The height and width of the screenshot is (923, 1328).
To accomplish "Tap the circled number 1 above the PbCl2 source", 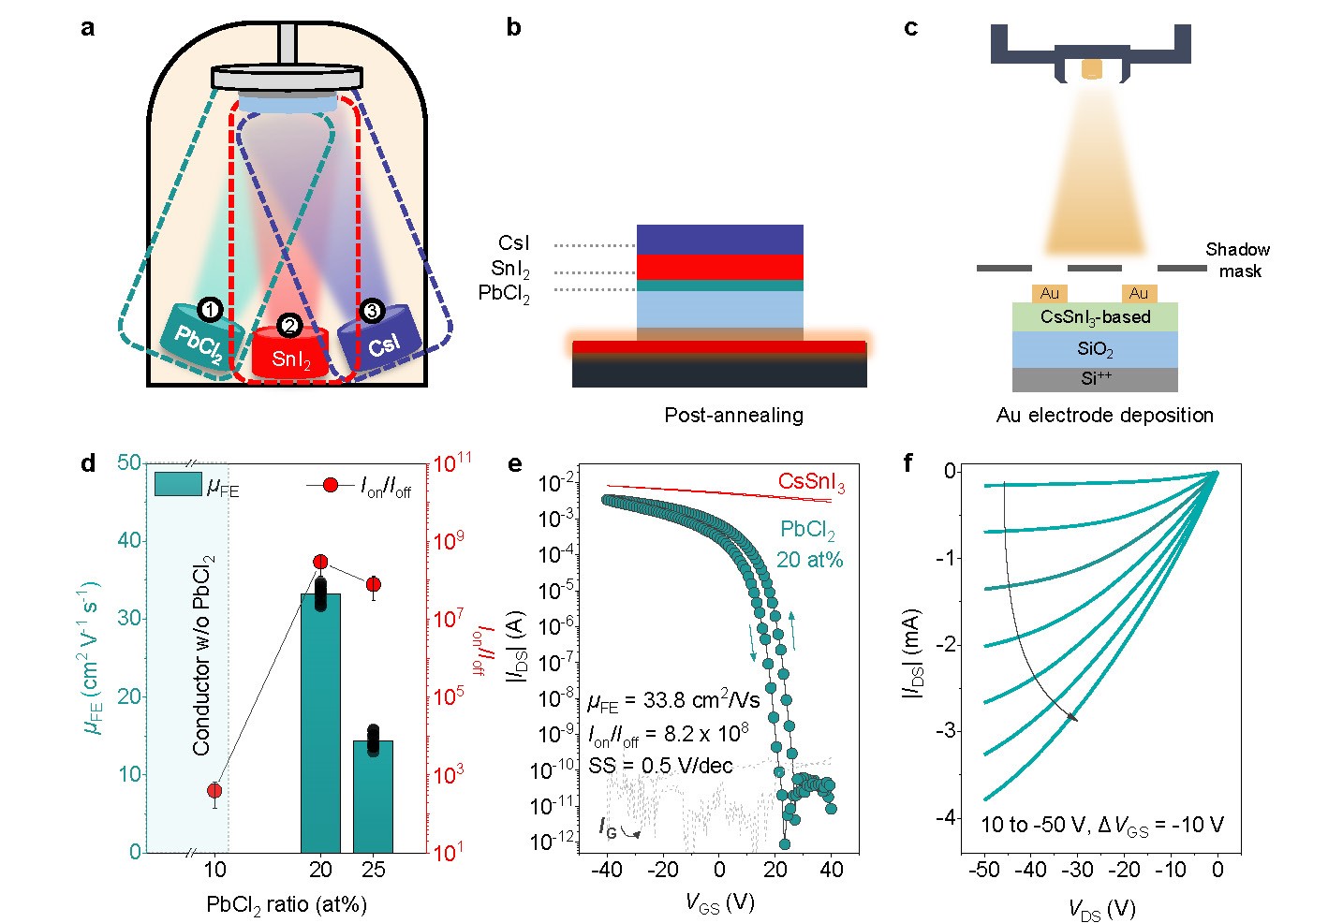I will (210, 310).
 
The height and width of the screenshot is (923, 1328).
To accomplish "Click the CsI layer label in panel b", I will (513, 244).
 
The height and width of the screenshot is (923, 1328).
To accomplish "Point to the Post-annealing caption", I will (733, 415).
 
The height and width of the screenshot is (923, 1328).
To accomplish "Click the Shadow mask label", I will (1237, 260).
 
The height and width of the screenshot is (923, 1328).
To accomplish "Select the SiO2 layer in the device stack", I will (1095, 349).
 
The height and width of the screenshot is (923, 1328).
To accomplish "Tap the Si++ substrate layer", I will (1095, 379).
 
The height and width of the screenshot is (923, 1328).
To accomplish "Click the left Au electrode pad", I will (1050, 293).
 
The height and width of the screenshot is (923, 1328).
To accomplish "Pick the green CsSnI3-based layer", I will (1095, 316).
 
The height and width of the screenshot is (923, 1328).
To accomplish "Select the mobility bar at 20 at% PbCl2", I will (320, 721).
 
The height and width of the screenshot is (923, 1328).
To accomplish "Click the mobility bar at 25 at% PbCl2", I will (373, 796).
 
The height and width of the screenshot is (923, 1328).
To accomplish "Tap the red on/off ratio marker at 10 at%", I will (214, 791).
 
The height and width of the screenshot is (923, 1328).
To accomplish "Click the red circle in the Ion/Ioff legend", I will (331, 485).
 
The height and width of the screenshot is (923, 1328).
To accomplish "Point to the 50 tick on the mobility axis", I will (129, 462).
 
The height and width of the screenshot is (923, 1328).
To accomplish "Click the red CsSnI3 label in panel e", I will (811, 483).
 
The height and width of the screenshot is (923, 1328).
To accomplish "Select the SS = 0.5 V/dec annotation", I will (660, 766).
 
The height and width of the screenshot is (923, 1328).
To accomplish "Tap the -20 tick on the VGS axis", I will (662, 869).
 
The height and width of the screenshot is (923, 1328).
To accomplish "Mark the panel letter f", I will (908, 462).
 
